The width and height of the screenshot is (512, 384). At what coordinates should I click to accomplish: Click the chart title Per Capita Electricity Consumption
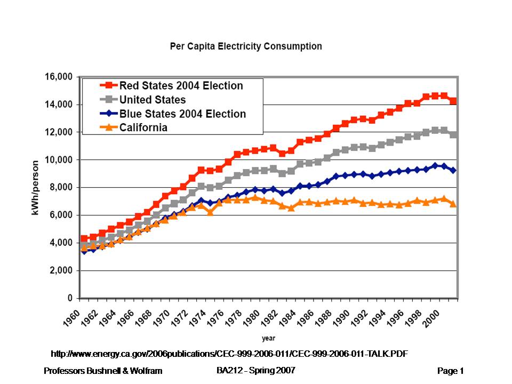(246, 46)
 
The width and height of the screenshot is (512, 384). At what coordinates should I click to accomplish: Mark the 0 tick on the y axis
(70, 298)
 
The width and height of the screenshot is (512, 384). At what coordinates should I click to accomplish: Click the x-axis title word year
(268, 338)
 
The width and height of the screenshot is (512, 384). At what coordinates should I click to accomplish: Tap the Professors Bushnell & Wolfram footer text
(103, 371)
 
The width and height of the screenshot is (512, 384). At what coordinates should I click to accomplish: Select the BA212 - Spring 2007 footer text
(255, 370)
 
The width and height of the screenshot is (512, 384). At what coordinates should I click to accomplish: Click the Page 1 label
(451, 371)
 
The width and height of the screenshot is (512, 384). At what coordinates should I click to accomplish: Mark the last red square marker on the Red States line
(453, 101)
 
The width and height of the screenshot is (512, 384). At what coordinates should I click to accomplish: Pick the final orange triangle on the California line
(453, 204)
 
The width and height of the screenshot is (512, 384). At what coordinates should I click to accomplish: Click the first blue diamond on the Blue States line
(84, 251)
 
